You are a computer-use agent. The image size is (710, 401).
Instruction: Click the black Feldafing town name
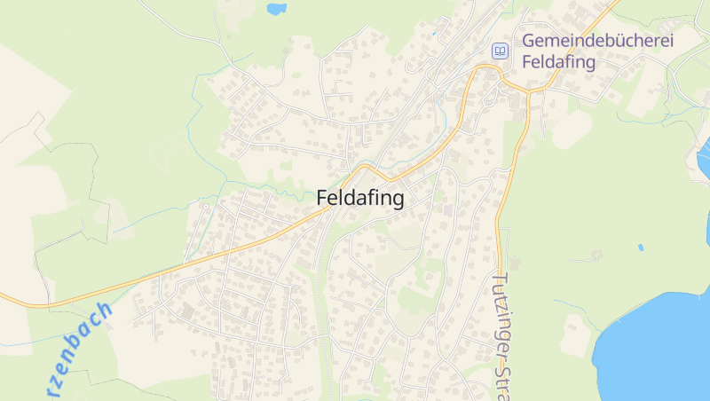[x=359, y=199]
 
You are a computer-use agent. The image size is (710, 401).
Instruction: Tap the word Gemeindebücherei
[x=598, y=41]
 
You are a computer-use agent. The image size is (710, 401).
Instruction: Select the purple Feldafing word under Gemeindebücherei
[x=559, y=62]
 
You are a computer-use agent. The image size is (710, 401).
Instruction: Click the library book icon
[x=501, y=51]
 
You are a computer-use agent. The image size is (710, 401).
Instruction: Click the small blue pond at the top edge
[x=276, y=9]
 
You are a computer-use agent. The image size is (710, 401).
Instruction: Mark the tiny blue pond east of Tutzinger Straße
[x=640, y=248]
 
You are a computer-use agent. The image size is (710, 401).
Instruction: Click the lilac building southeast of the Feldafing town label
[x=447, y=210]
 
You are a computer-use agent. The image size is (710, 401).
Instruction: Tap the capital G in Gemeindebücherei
[x=529, y=41]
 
